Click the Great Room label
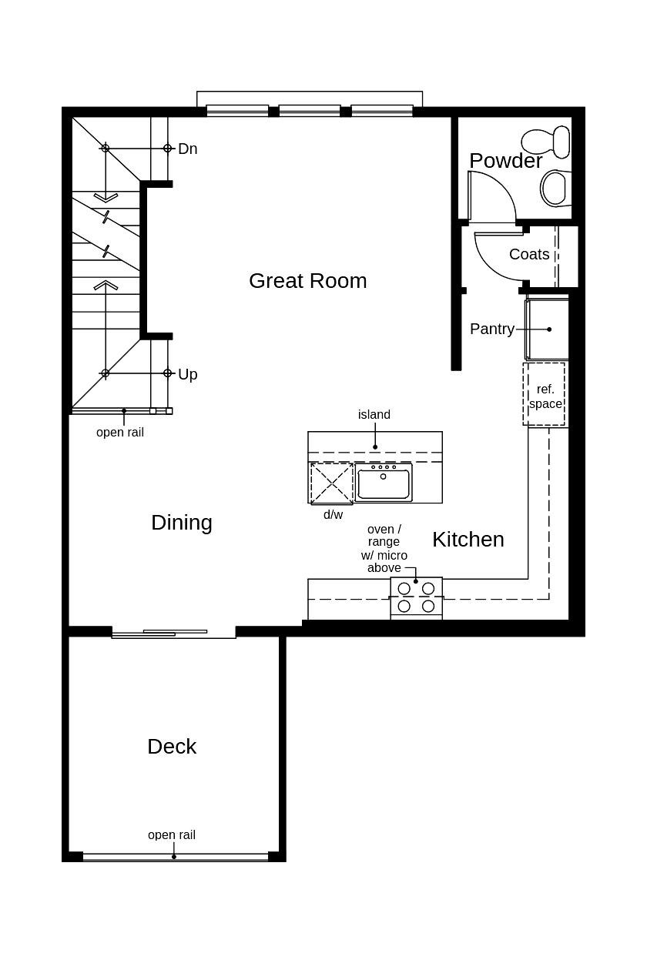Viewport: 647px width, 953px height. click(x=307, y=281)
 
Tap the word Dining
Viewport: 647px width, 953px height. click(x=182, y=523)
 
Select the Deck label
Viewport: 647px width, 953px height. click(x=172, y=747)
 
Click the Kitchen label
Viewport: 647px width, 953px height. click(x=468, y=540)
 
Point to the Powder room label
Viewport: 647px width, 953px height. click(x=505, y=161)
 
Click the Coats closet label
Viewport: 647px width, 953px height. click(x=529, y=255)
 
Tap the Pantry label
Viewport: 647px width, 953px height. click(x=491, y=329)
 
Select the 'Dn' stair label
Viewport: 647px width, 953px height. click(x=187, y=149)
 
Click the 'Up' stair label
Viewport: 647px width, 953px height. click(x=187, y=374)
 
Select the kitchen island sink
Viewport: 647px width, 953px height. click(x=384, y=483)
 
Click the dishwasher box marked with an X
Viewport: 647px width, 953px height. click(x=331, y=483)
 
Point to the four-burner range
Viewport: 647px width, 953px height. click(x=416, y=597)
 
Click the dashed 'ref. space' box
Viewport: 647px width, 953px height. click(x=545, y=395)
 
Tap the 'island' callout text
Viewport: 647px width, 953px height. click(x=374, y=415)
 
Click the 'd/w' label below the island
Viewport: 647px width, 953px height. click(x=333, y=515)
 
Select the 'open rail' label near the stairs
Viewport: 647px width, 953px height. click(x=120, y=433)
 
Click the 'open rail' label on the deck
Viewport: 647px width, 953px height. click(x=172, y=835)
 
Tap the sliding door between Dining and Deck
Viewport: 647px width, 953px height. click(x=174, y=633)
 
